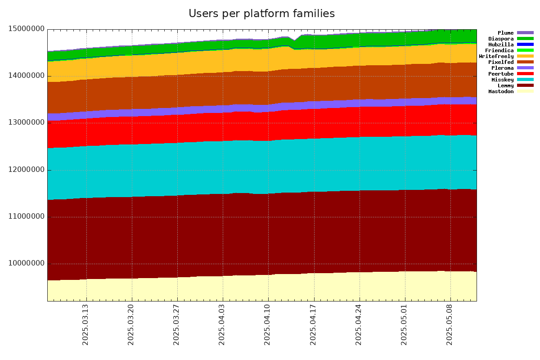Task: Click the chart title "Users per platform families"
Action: coord(261,13)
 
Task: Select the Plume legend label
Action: coord(505,33)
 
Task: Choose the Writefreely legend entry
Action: coord(496,56)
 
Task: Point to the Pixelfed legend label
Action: coord(501,62)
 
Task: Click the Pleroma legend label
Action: coord(502,68)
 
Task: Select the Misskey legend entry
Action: coord(502,80)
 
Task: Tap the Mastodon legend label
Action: coord(501,91)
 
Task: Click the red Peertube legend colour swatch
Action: coord(525,74)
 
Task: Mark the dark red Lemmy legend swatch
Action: coord(525,85)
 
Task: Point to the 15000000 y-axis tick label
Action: coord(27,29)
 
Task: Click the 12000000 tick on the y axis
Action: coord(27,170)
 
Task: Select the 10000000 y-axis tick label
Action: coord(27,264)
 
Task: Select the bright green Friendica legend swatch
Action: coord(525,50)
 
